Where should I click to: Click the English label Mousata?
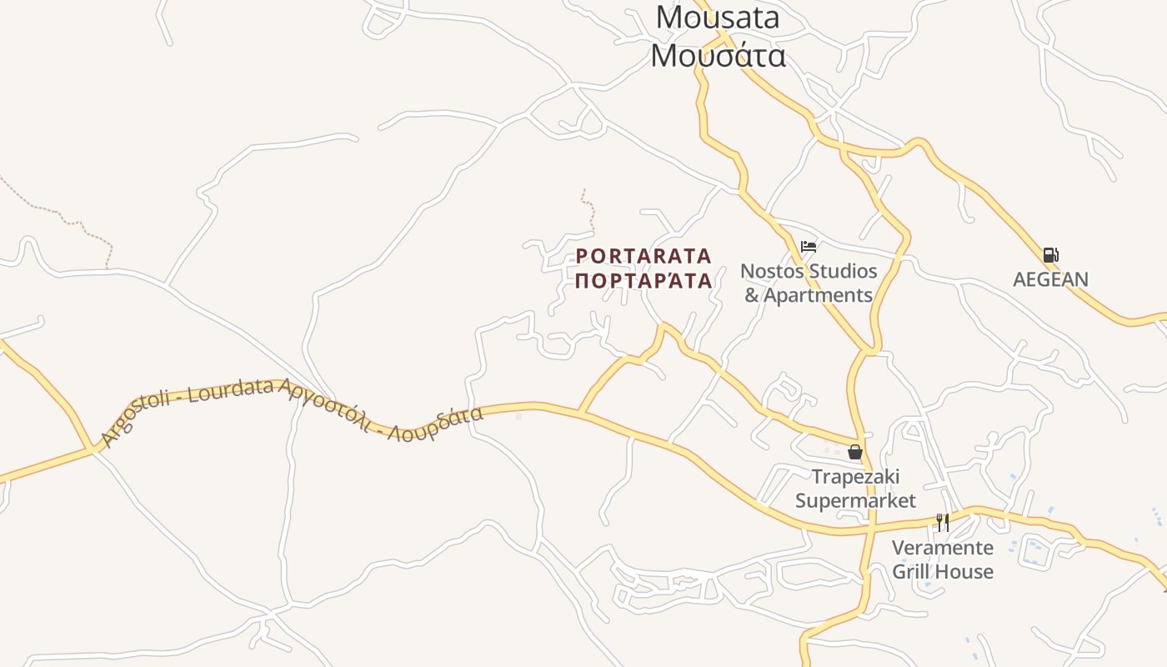(x=717, y=17)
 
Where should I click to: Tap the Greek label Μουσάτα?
(x=718, y=55)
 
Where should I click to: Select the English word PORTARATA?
(x=644, y=255)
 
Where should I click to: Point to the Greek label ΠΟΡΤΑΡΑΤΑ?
(x=644, y=280)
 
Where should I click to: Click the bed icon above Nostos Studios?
(x=808, y=247)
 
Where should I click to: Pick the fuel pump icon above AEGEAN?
(x=1050, y=255)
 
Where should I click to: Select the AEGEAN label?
(x=1050, y=279)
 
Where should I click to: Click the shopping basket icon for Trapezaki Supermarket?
(x=854, y=452)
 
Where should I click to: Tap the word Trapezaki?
(x=855, y=477)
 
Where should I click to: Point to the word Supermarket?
(x=855, y=500)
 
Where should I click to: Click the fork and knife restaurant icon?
(x=943, y=523)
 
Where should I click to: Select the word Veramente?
(x=943, y=548)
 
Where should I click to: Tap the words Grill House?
(x=943, y=572)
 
